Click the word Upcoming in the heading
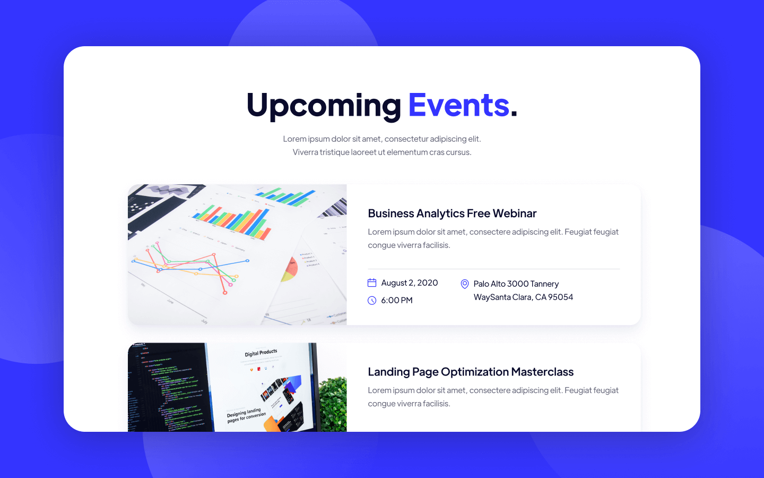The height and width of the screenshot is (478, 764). click(323, 105)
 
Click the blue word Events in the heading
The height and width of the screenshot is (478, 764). click(458, 105)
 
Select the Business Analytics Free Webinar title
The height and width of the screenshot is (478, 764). click(452, 214)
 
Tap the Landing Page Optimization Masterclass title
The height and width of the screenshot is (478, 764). click(471, 372)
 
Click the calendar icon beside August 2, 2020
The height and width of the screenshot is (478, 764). click(372, 283)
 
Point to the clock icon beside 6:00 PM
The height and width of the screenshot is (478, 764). click(372, 301)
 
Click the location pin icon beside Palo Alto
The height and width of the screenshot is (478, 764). click(465, 284)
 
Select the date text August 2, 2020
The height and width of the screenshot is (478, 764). click(409, 283)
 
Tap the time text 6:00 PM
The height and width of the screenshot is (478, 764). click(396, 300)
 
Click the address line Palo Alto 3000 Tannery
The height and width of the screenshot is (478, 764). click(516, 284)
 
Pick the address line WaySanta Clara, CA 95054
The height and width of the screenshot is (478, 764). click(523, 297)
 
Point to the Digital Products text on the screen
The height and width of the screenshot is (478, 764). click(261, 353)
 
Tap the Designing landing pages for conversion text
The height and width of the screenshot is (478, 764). click(246, 415)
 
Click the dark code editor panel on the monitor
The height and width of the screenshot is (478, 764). click(167, 388)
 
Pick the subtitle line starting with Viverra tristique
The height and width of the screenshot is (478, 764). click(381, 152)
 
